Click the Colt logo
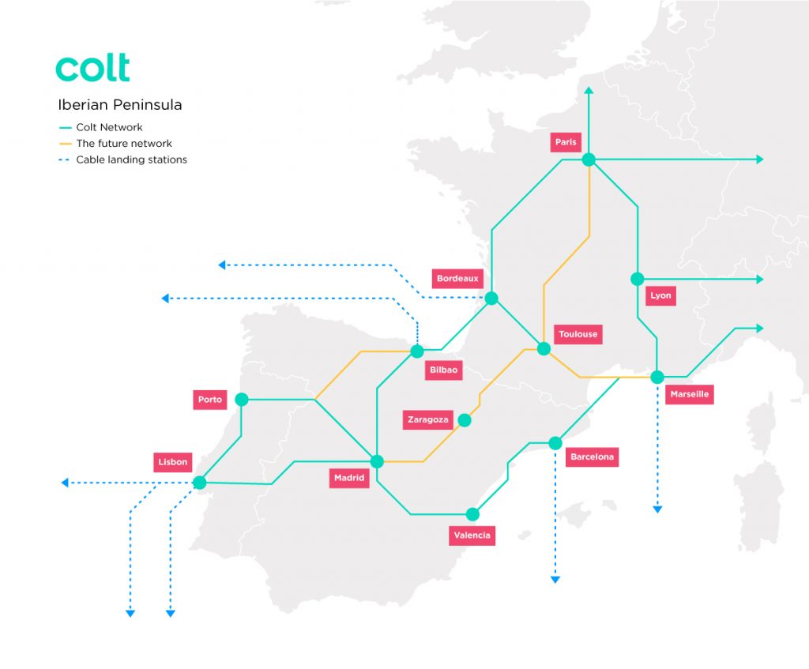pyautogui.click(x=92, y=68)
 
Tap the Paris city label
pyautogui.click(x=566, y=142)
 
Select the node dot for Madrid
pyautogui.click(x=377, y=460)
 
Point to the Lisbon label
pyautogui.click(x=172, y=462)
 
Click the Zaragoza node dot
pyautogui.click(x=465, y=420)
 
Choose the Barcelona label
pyautogui.click(x=592, y=457)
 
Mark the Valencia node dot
pyautogui.click(x=472, y=514)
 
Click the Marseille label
pyautogui.click(x=689, y=394)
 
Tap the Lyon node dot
pyautogui.click(x=637, y=279)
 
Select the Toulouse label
pyautogui.click(x=578, y=334)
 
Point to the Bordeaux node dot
pyautogui.click(x=491, y=298)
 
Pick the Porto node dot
pyautogui.click(x=242, y=400)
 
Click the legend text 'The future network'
pyautogui.click(x=123, y=144)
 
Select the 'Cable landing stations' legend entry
pyautogui.click(x=131, y=160)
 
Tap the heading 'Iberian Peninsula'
pyautogui.click(x=120, y=105)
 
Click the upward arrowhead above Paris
pyautogui.click(x=588, y=92)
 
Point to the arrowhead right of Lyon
pyautogui.click(x=760, y=279)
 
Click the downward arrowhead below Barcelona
pyautogui.click(x=555, y=580)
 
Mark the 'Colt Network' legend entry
pyautogui.click(x=109, y=127)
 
